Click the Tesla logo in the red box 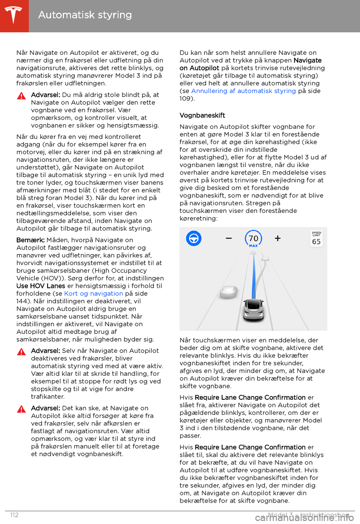(14, 15)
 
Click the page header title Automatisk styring (85, 15)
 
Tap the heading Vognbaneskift (202, 115)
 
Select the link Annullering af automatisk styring (243, 91)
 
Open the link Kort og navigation (93, 294)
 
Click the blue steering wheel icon (194, 238)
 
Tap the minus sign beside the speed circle (229, 238)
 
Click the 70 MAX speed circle (253, 239)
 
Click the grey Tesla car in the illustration (253, 309)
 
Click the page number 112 (14, 515)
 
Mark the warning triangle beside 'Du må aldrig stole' (21, 96)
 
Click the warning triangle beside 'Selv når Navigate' (21, 352)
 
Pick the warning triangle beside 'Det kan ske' (21, 409)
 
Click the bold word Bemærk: (30, 240)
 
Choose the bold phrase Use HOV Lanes (41, 286)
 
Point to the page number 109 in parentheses (186, 98)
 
